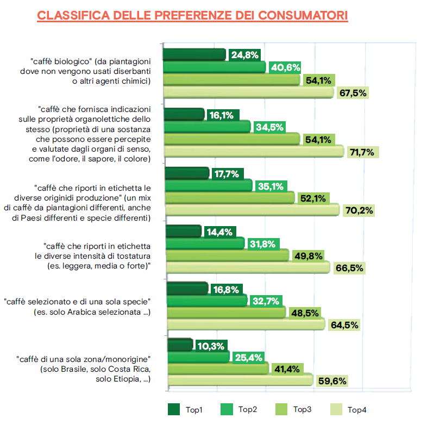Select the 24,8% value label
tap(244, 55)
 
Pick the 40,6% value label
tap(285, 67)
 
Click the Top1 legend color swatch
tap(174, 409)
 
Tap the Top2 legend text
tap(248, 410)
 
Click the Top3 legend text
tap(302, 410)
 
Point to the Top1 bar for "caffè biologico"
tap(194, 54)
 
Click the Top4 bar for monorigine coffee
tap(240, 380)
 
